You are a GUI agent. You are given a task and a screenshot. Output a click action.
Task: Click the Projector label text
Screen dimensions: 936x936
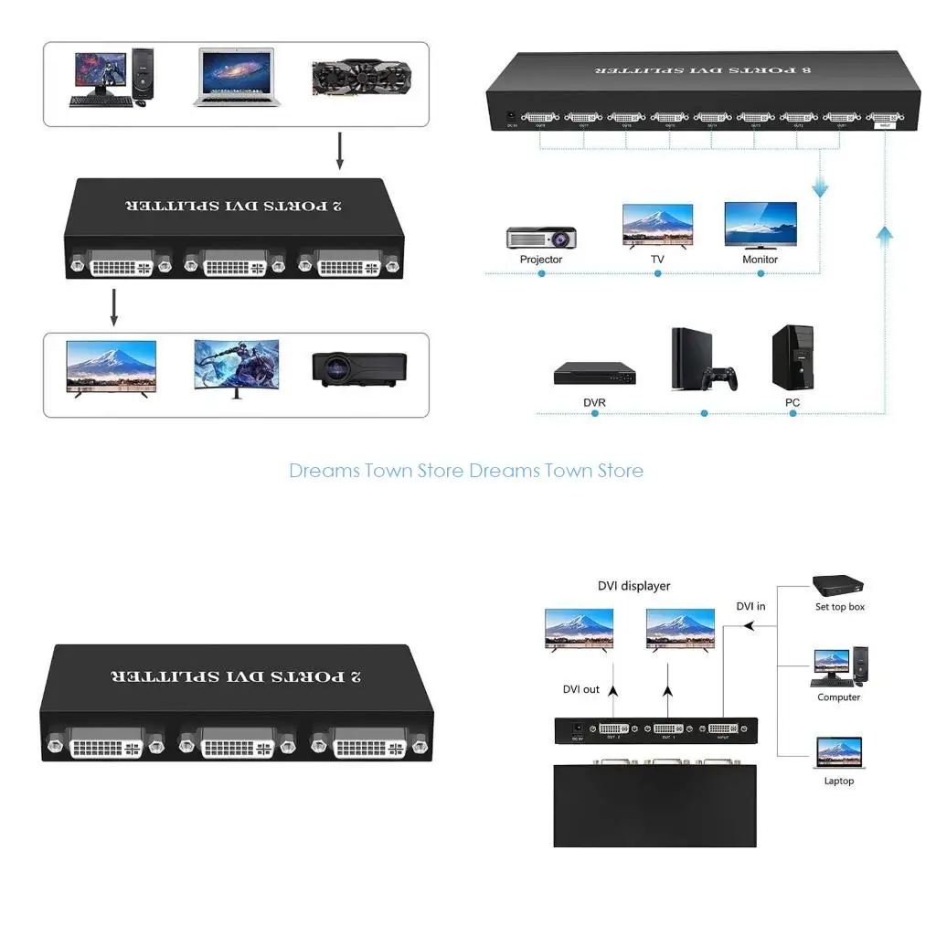[x=541, y=260]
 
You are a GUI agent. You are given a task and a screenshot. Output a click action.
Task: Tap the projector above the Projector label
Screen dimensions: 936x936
[x=541, y=238]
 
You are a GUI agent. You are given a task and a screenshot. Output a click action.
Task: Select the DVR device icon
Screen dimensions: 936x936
[x=594, y=373]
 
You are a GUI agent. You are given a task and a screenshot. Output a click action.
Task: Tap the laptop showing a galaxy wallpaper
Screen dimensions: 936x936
[x=234, y=77]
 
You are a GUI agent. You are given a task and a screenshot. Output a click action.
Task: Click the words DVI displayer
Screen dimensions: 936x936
[x=633, y=586]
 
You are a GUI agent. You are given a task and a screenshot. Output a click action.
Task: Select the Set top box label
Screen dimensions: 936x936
[x=840, y=607]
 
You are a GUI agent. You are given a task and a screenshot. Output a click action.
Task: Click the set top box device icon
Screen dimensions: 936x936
[x=838, y=584]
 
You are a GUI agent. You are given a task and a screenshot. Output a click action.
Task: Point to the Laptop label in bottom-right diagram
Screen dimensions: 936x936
[x=839, y=781]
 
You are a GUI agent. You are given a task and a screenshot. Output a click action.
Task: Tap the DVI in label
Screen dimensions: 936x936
[x=751, y=606]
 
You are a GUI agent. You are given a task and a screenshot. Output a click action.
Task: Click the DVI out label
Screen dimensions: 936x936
[x=581, y=689]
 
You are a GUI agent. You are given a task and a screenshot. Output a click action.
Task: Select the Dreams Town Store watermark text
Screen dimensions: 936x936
[x=466, y=471]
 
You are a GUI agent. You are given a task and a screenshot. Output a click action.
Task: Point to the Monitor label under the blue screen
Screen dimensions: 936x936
[x=760, y=260]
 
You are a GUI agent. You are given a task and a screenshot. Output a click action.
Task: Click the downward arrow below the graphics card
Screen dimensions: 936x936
[x=339, y=152]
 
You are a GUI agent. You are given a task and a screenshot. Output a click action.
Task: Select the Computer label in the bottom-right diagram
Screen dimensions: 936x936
[x=839, y=697]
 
